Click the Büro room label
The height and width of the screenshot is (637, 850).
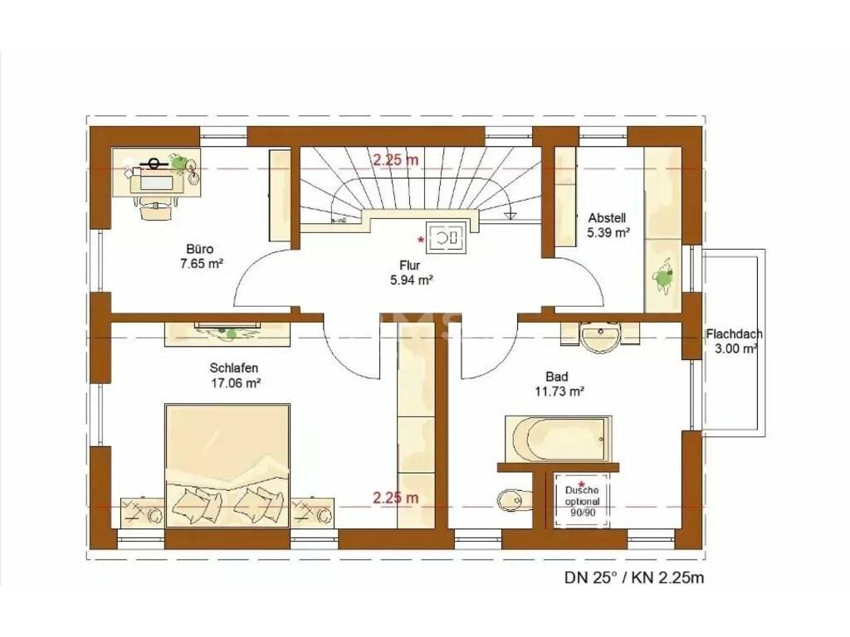pos(200,250)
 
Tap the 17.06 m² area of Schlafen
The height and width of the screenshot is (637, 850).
pos(236,383)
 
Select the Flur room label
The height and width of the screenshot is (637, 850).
pos(410,265)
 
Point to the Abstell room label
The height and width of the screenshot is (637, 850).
pos(607,218)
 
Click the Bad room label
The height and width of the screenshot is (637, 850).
pos(557,377)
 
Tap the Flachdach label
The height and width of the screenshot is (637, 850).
pos(734,335)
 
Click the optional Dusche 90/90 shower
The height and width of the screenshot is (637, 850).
pos(582,499)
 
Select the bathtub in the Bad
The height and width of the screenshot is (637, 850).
pos(559,439)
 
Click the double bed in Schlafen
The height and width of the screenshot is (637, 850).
pos(227,464)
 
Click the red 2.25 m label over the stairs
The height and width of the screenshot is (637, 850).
pos(396,159)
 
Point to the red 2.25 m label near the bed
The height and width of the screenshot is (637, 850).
pos(396,498)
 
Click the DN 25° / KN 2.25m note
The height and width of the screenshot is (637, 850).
pos(634,577)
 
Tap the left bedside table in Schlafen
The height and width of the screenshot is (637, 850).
pos(142,512)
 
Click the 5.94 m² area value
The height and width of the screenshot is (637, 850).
pos(411,280)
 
